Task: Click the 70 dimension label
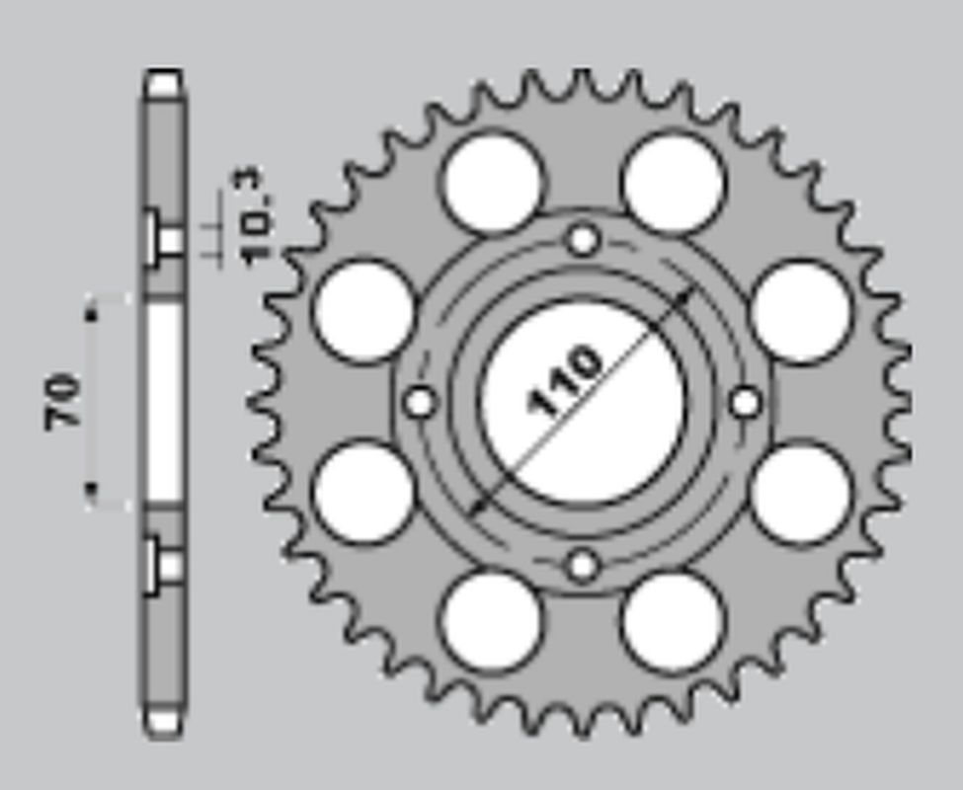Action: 64,400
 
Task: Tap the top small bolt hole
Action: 584,239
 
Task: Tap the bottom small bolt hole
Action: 584,566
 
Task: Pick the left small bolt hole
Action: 421,402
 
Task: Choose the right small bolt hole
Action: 746,402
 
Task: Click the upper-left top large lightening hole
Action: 492,184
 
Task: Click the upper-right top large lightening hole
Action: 674,184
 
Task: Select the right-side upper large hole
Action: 801,312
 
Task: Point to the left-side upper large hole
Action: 364,312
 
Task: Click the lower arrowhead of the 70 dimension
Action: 91,490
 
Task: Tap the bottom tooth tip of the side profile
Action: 163,723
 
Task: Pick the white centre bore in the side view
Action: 164,400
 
